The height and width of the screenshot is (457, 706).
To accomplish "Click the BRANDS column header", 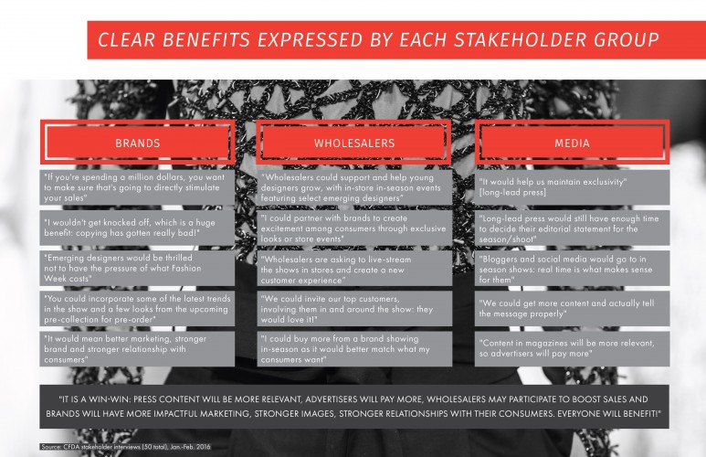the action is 137,143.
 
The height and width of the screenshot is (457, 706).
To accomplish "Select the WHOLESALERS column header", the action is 353,143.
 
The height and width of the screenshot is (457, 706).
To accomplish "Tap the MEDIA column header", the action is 572,143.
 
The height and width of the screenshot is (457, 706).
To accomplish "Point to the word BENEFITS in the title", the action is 205,39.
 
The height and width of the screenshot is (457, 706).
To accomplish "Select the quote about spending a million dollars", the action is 137,187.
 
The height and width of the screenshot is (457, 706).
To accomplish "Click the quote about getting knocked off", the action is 137,228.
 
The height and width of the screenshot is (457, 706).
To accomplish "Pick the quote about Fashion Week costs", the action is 137,268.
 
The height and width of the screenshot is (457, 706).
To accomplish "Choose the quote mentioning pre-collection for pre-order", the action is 137,309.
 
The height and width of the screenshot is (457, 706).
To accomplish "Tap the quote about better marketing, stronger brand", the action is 137,349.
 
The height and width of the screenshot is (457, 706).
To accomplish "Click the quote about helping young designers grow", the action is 354,187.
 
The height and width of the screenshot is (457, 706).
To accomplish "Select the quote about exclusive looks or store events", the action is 354,228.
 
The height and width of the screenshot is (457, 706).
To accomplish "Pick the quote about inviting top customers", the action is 354,309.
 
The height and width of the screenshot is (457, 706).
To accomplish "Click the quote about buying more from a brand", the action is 354,349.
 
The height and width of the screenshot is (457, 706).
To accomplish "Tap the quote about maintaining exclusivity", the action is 573,187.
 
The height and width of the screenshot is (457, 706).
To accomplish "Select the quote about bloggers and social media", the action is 573,268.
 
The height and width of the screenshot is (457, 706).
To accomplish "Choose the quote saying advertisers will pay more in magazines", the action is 573,349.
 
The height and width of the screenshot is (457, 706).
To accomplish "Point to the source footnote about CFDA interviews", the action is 125,447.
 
